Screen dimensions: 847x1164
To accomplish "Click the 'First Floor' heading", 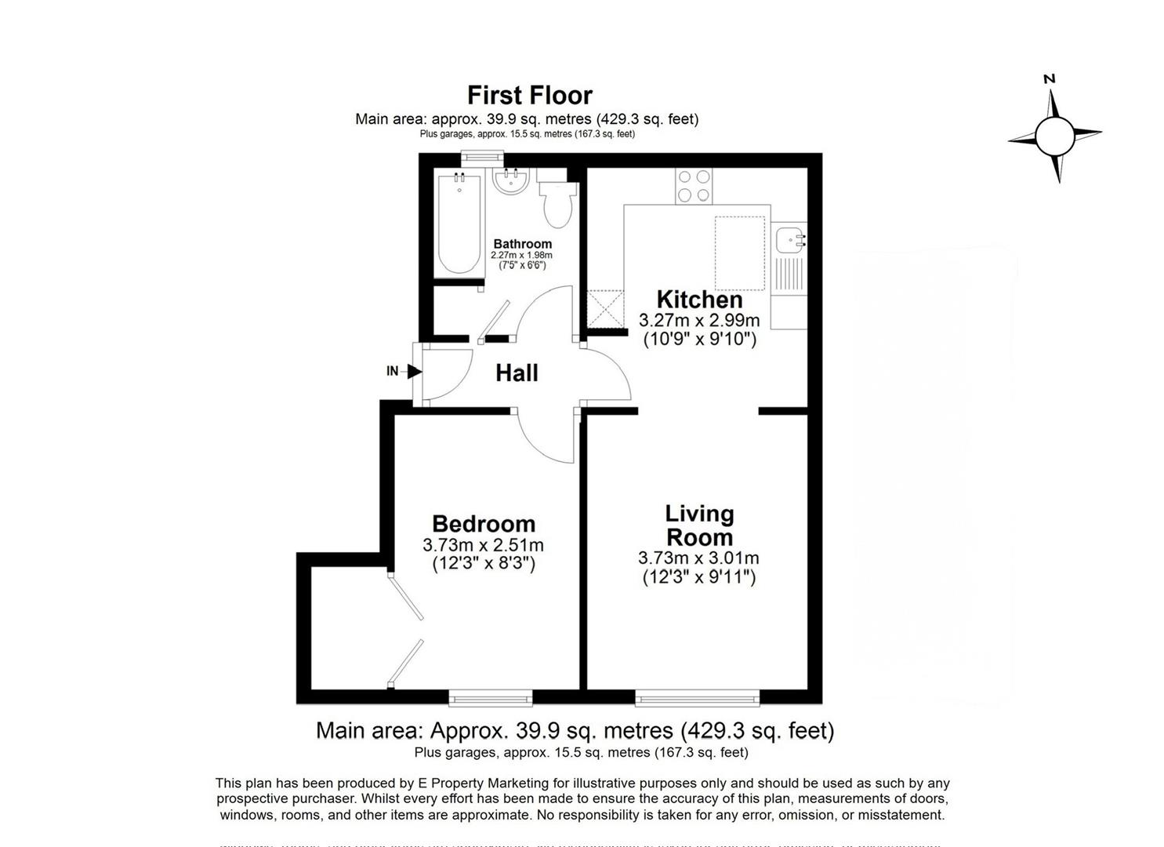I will point(529,95).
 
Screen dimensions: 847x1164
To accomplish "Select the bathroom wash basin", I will point(512,184).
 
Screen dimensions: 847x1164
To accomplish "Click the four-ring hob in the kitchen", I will point(694,186).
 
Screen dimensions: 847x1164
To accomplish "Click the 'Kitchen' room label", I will point(699,299).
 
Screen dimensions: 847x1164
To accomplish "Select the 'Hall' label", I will point(517,373).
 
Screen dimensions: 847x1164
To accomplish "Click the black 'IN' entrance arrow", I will point(415,371).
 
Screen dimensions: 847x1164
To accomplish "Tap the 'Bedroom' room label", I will point(484,523).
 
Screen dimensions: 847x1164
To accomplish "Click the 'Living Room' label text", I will point(699,525).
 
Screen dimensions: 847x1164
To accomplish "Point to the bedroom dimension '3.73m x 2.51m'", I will point(483,545).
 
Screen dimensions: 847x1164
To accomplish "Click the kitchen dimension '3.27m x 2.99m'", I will point(699,320).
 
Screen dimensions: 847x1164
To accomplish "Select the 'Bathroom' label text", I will point(522,244).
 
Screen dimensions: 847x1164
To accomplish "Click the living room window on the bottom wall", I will point(697,696).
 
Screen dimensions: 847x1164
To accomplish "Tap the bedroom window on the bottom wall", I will point(490,696).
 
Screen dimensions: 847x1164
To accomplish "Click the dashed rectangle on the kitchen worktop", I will point(739,253).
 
